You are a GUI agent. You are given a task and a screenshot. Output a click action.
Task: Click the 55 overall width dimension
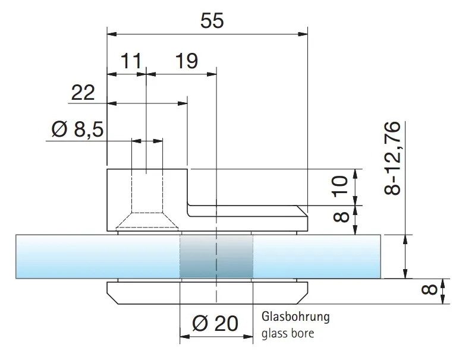tap(212, 20)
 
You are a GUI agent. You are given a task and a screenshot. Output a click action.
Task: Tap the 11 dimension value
tap(131, 61)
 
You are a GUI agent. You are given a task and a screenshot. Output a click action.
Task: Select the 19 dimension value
tap(187, 61)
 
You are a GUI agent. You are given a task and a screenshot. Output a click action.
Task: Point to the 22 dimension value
tap(83, 93)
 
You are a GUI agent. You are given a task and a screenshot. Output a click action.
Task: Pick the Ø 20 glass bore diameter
tap(215, 323)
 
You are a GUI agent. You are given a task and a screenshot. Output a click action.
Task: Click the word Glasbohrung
tap(295, 317)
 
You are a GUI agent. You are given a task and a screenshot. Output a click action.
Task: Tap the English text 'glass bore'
tap(288, 333)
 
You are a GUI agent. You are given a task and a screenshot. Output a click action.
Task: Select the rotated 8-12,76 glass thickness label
tap(392, 158)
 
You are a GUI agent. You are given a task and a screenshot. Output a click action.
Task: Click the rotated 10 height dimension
tap(341, 185)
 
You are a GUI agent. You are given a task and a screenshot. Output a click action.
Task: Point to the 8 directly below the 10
tap(341, 217)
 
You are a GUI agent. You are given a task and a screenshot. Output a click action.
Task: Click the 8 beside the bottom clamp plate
tap(429, 289)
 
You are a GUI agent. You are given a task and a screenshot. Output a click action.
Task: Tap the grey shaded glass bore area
tap(216, 256)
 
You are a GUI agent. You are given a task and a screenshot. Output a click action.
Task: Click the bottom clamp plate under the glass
tap(208, 293)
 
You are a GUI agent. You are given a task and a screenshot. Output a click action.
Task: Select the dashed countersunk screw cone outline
tap(147, 220)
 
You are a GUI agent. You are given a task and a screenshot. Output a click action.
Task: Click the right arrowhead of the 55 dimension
tap(303, 34)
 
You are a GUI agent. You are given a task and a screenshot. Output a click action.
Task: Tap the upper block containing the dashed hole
tap(147, 200)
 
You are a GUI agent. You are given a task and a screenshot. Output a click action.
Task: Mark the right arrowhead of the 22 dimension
tap(183, 103)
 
